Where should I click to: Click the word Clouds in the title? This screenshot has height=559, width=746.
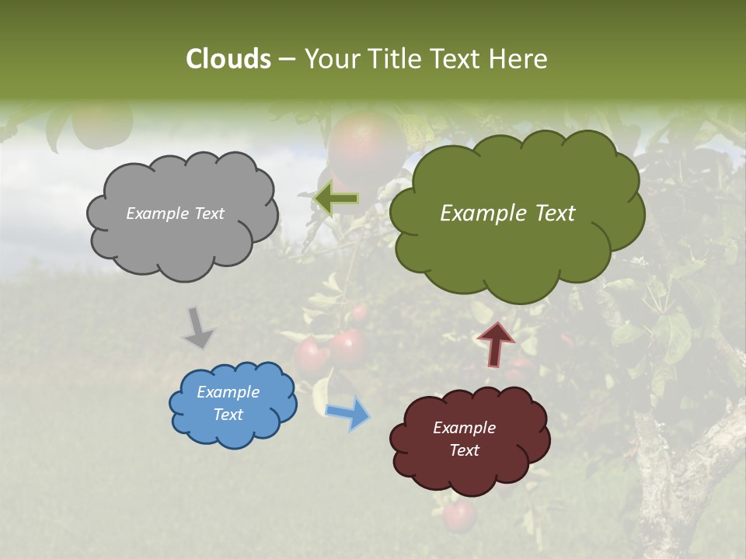tap(228, 59)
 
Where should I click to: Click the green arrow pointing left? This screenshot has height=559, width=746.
tap(336, 199)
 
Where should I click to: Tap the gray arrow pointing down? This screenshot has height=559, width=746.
tap(197, 327)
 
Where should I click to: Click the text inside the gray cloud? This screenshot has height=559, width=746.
tap(175, 214)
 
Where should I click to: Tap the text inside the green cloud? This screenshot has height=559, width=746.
tap(507, 214)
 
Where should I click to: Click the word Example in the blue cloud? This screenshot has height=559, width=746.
tap(228, 392)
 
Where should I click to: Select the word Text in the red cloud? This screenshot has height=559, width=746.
tap(464, 450)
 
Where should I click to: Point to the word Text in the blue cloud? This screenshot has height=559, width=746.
tap(228, 415)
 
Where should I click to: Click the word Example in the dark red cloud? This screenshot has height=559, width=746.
tap(464, 428)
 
